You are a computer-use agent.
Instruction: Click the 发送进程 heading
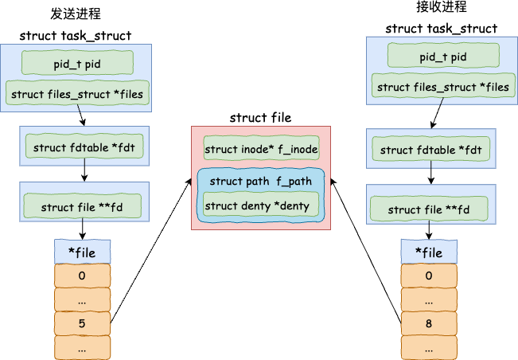76,14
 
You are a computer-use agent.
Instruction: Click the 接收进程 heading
442,6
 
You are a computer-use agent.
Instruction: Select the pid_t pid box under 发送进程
77,63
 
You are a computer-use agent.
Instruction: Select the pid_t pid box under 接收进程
443,56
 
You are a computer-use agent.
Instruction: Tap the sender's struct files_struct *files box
77,93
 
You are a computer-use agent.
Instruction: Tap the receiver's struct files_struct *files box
443,86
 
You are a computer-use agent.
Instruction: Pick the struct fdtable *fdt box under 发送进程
84,146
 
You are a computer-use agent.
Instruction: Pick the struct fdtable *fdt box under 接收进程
431,149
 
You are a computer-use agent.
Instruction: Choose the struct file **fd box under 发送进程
82,206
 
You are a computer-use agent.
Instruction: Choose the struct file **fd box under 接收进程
429,209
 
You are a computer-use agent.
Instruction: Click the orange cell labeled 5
82,323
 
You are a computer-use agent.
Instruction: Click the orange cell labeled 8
429,323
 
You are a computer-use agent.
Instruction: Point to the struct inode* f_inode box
261,148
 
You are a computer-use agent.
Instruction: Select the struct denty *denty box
261,205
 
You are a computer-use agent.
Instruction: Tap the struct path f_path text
261,181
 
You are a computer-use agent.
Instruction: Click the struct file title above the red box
261,117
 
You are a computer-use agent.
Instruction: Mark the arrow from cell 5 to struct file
151,251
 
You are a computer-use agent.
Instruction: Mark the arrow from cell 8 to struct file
366,251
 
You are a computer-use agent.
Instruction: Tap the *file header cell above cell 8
429,252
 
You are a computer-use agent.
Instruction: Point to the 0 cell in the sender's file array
82,276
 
